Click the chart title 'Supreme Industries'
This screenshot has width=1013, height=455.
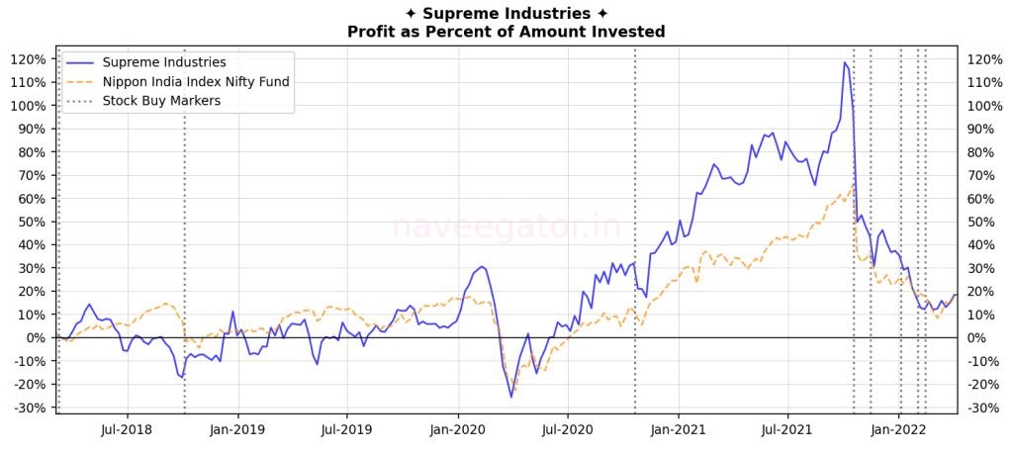point(506,13)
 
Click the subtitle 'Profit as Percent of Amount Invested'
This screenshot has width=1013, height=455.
point(506,32)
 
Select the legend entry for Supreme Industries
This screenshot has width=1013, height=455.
point(164,62)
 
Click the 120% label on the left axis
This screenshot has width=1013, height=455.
point(28,59)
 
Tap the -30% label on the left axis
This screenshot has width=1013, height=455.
point(28,408)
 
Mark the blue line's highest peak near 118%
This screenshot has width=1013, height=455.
point(845,62)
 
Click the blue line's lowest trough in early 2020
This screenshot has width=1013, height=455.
point(511,397)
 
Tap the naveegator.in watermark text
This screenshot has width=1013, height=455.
point(506,227)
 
